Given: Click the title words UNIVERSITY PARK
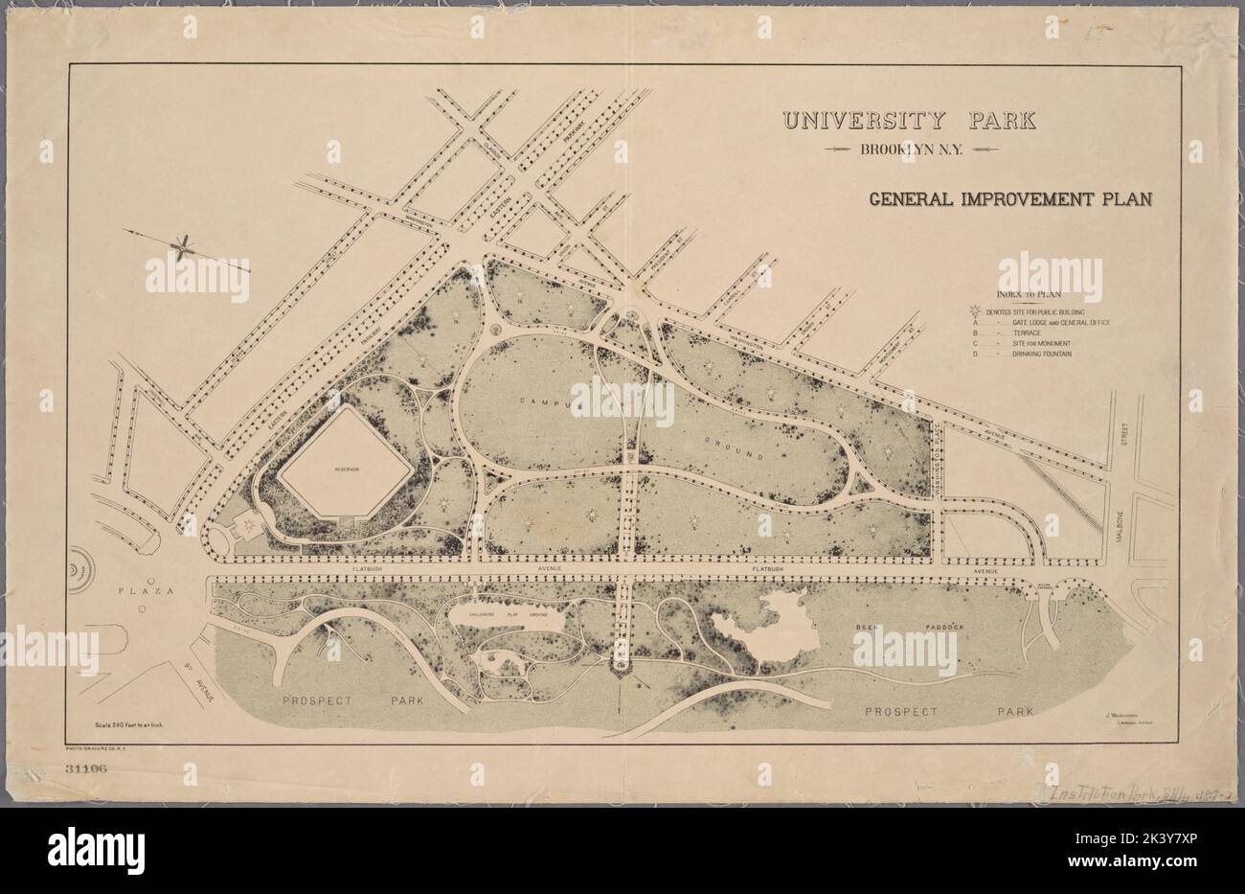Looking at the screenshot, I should pyautogui.click(x=909, y=121).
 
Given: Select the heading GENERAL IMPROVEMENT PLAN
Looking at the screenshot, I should pyautogui.click(x=1009, y=201).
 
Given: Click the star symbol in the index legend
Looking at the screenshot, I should pyautogui.click(x=976, y=312).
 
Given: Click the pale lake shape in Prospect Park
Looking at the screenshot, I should pyautogui.click(x=758, y=627).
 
